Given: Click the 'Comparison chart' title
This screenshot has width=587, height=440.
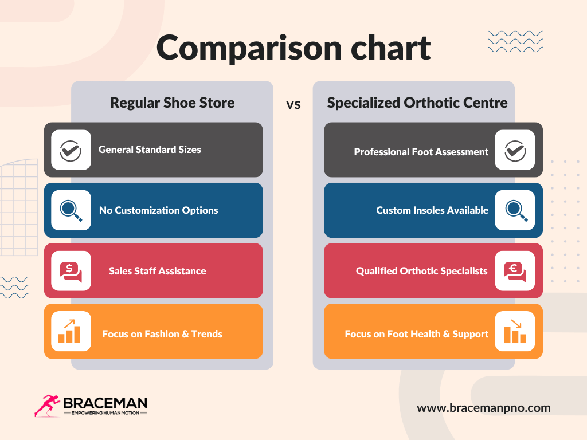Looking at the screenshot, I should click(293, 48).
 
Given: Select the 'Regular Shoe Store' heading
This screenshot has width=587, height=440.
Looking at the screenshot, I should click(172, 103).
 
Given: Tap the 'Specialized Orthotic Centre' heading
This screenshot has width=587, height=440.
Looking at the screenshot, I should click(417, 103).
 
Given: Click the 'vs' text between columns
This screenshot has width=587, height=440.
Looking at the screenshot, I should click(293, 105).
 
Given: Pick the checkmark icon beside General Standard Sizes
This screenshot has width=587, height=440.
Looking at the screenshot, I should click(71, 150).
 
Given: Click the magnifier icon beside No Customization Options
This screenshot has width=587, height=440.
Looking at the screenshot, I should click(71, 210).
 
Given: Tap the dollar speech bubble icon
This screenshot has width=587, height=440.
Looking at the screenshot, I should click(71, 271).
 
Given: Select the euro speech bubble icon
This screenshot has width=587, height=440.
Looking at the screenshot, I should click(515, 271).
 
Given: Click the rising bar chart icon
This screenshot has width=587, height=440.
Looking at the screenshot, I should click(71, 331).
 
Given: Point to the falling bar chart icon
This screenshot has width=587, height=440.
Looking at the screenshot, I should click(515, 331).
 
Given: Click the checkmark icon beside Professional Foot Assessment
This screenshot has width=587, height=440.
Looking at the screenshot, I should click(515, 150).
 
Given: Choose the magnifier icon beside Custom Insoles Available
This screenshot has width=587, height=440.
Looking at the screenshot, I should click(515, 210).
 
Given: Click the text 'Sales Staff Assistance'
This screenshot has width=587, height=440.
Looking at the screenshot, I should click(157, 271).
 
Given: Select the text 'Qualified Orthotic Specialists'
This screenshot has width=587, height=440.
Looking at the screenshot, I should click(421, 271).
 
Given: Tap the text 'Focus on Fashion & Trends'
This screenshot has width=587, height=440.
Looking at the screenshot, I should click(162, 334).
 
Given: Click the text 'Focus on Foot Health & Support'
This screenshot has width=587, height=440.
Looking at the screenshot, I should click(416, 334).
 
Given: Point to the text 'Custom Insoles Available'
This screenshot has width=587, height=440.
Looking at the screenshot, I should click(432, 210).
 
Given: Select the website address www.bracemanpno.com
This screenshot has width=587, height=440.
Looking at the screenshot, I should click(483, 408).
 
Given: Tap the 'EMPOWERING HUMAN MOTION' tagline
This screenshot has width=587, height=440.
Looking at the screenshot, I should click(105, 413).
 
